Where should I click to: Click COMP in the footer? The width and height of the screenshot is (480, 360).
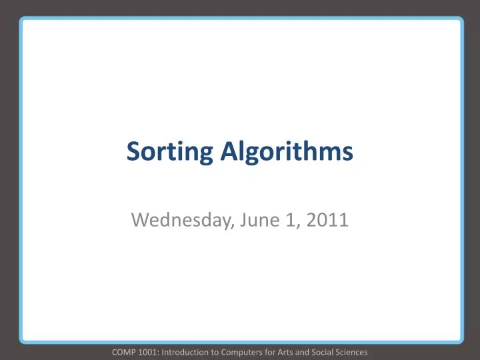click(124, 351)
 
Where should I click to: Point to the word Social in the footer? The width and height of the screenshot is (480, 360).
click(326, 351)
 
